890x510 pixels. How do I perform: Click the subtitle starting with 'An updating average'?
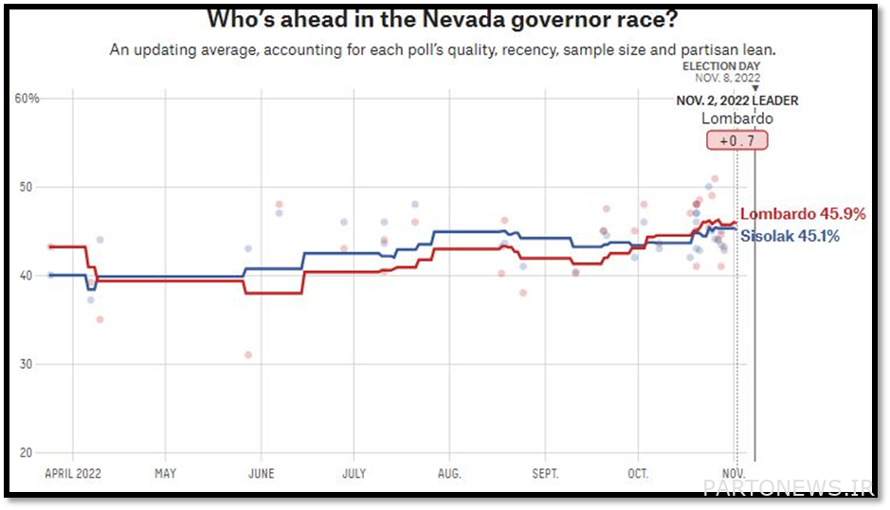pyautogui.click(x=449, y=48)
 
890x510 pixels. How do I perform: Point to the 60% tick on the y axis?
pyautogui.click(x=27, y=99)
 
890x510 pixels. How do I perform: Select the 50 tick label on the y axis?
pyautogui.click(x=27, y=187)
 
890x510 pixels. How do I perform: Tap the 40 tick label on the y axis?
pyautogui.click(x=27, y=275)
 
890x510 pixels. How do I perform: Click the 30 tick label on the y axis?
pyautogui.click(x=27, y=364)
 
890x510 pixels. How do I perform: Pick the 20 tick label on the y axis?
pyautogui.click(x=27, y=452)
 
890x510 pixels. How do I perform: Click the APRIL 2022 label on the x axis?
pyautogui.click(x=73, y=472)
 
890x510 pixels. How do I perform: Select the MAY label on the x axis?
pyautogui.click(x=165, y=472)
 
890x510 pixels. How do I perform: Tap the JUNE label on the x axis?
pyautogui.click(x=261, y=472)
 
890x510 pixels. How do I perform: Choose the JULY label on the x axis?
pyautogui.click(x=354, y=472)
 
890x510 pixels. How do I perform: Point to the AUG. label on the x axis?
pyautogui.click(x=449, y=472)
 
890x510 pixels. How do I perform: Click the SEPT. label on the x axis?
pyautogui.click(x=545, y=472)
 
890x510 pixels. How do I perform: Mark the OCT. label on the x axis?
pyautogui.click(x=638, y=472)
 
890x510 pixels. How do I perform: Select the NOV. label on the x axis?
pyautogui.click(x=735, y=472)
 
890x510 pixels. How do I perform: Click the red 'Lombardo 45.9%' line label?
pyautogui.click(x=803, y=214)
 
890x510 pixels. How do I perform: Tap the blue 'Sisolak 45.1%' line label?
pyautogui.click(x=790, y=236)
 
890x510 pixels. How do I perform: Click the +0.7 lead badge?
pyautogui.click(x=736, y=139)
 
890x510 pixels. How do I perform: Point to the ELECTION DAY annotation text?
pyautogui.click(x=721, y=66)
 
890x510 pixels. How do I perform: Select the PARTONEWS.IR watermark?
pyautogui.click(x=788, y=487)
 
